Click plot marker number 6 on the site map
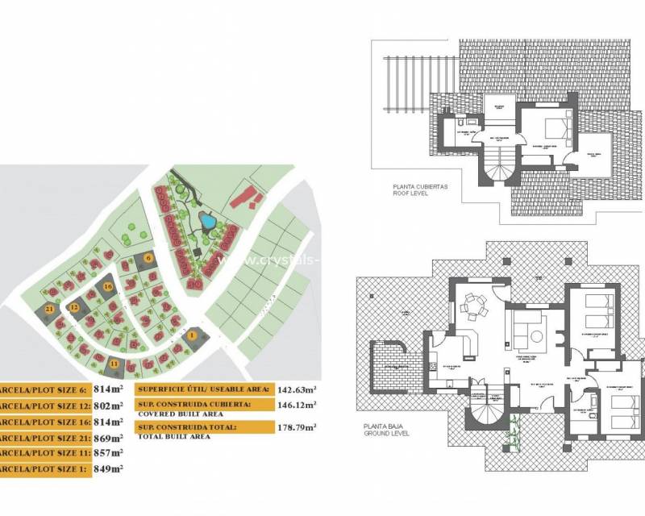(x=149, y=258)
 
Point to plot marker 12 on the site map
(x=73, y=307)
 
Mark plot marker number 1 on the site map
(x=192, y=334)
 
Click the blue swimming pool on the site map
(x=207, y=219)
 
